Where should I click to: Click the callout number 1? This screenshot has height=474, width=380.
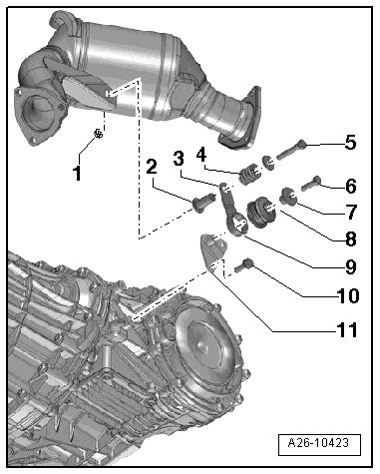[77, 173]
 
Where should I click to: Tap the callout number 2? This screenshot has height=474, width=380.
[152, 167]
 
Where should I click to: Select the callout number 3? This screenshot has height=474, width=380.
[179, 159]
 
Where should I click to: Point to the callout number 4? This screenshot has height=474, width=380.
[201, 155]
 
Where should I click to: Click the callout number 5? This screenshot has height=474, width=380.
[350, 143]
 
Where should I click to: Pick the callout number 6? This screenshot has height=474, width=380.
[351, 187]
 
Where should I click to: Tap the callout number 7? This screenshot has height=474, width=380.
[351, 212]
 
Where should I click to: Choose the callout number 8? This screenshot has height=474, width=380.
[351, 238]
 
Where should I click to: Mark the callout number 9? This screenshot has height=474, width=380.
[351, 266]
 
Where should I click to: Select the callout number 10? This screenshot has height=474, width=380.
[348, 295]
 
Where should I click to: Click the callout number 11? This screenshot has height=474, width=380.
[347, 329]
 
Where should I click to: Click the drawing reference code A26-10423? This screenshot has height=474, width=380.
[318, 443]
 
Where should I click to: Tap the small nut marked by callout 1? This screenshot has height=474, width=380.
[98, 134]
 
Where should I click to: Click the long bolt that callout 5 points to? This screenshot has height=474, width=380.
[291, 150]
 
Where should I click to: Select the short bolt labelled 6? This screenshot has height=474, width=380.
[311, 184]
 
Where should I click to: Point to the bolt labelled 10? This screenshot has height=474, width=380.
[244, 265]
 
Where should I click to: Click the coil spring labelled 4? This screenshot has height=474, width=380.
[249, 173]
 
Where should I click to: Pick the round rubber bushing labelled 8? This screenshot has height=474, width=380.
[262, 212]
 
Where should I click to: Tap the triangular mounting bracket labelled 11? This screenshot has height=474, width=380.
[213, 252]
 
